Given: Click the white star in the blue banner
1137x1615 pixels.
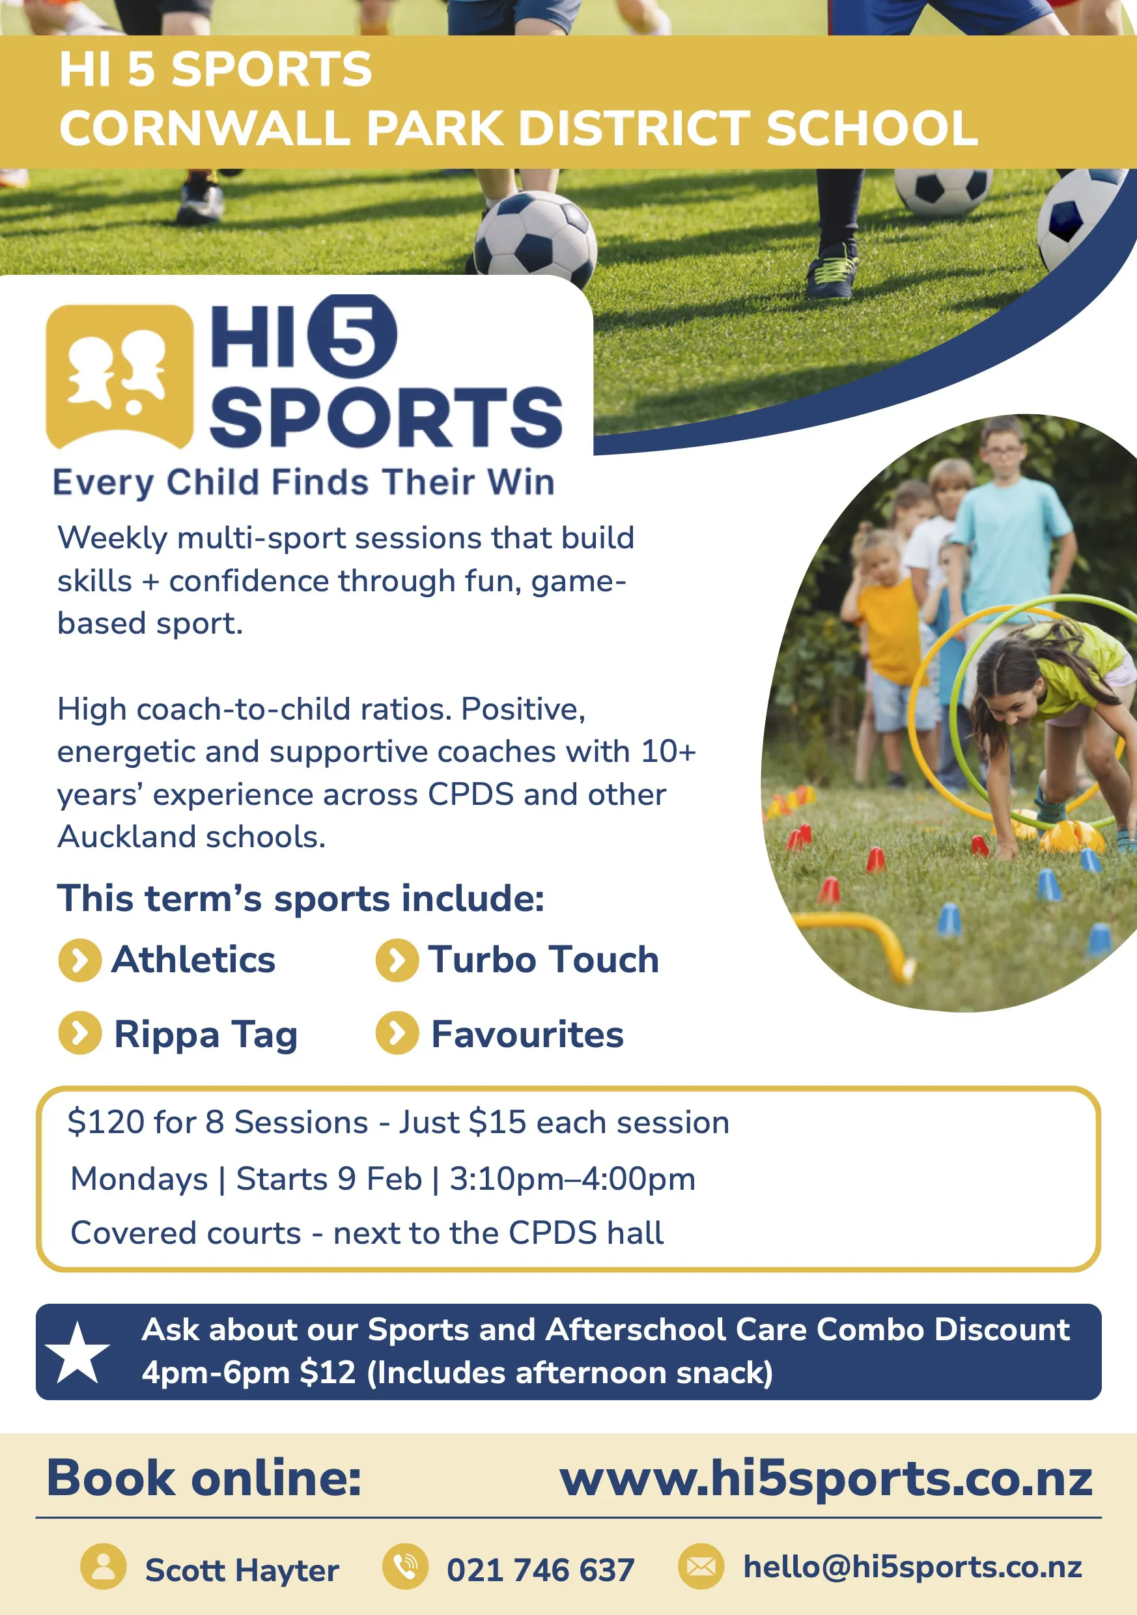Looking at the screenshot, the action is (x=77, y=1352).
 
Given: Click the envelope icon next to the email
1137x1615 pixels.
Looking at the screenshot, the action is (x=701, y=1566).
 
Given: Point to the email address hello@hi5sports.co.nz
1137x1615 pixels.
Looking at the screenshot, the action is (x=912, y=1567).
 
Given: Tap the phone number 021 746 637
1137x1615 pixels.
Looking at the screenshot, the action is (x=540, y=1570).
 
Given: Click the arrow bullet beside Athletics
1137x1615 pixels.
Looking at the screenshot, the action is (x=80, y=960).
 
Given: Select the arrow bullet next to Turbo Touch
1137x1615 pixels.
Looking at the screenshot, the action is (x=397, y=960).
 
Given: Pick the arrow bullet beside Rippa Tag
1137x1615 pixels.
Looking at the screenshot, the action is (x=80, y=1033).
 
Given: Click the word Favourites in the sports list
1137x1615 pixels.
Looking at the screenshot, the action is (x=527, y=1035).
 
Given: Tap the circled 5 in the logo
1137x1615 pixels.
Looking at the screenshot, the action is (x=352, y=335).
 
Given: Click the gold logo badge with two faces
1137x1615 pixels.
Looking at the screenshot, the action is (x=120, y=376).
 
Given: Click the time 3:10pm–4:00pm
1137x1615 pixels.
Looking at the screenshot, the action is (x=572, y=1179).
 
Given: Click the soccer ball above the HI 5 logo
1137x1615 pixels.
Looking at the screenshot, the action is (x=535, y=238).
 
